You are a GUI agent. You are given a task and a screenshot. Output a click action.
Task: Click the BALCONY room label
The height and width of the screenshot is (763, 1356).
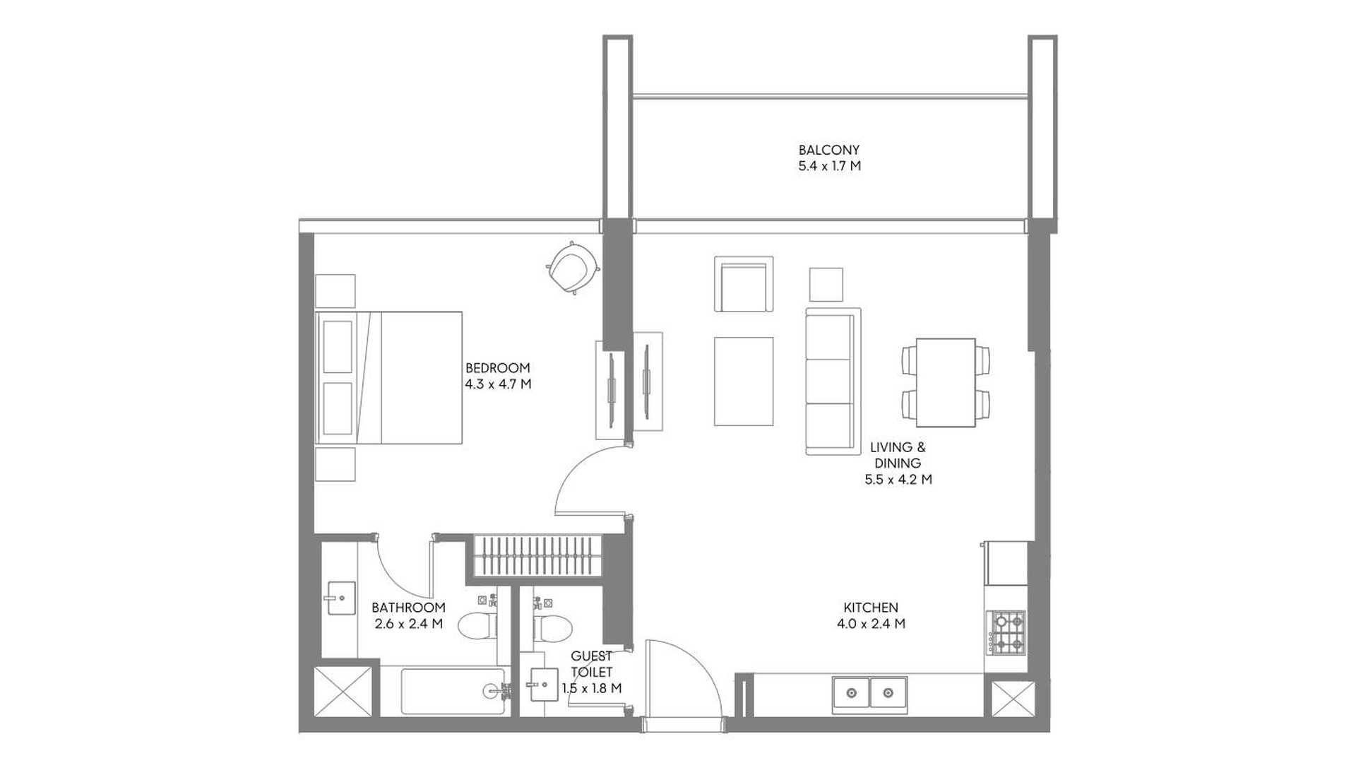click(x=829, y=150)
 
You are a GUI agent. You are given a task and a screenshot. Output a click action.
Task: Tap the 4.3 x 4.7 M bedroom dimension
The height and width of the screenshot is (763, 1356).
click(x=498, y=384)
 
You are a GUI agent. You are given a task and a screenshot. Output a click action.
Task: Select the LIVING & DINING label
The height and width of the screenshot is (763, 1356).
click(x=898, y=455)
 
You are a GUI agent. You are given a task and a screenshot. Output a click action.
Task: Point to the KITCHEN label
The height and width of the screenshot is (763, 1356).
click(x=871, y=608)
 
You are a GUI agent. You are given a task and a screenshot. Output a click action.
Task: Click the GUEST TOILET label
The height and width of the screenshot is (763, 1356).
click(x=592, y=664)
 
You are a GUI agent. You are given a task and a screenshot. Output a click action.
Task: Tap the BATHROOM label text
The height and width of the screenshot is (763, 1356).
click(x=408, y=608)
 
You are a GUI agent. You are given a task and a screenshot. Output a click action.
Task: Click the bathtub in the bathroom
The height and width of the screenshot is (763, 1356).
click(x=453, y=692)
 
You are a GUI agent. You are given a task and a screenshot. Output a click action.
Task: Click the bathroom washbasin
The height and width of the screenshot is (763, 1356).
click(x=340, y=598)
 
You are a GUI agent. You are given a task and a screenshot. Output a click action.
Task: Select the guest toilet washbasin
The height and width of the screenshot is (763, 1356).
click(x=543, y=685)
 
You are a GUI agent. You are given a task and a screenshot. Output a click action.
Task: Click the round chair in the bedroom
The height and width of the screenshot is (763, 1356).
click(x=573, y=267)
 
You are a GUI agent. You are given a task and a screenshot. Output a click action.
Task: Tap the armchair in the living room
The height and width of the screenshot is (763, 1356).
click(x=744, y=284)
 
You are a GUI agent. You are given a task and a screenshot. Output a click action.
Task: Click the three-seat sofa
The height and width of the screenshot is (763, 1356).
click(x=833, y=381)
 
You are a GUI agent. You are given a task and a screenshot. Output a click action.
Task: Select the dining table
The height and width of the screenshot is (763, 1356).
click(x=946, y=382)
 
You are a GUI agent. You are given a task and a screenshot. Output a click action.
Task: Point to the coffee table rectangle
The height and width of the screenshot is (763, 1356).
click(x=744, y=381)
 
